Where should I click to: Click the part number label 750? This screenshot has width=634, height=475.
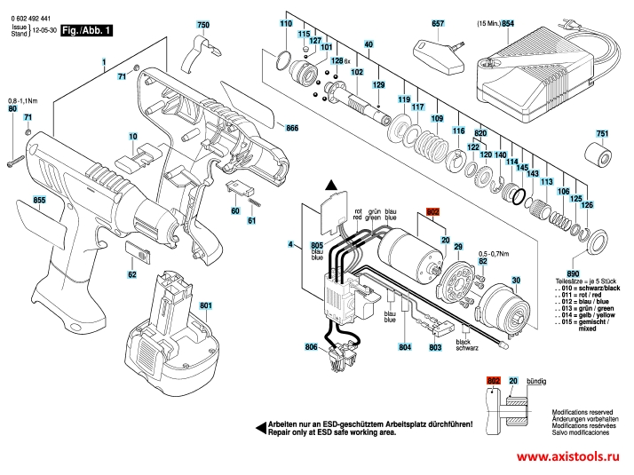(x=202, y=24)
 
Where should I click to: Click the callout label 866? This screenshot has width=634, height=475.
(x=292, y=129)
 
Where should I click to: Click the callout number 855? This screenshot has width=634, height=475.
(x=39, y=201)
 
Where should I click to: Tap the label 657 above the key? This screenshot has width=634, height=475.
(x=437, y=24)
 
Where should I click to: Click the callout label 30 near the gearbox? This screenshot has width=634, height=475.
(x=513, y=281)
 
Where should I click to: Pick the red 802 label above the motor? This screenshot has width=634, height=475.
(x=433, y=213)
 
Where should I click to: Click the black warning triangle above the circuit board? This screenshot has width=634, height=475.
(x=332, y=186)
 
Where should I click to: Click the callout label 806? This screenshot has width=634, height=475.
(x=310, y=346)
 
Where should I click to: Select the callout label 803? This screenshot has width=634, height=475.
(x=435, y=348)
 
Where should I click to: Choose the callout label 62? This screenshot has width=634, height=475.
(x=132, y=275)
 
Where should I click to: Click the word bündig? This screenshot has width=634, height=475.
(x=536, y=380)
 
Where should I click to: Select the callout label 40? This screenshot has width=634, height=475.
(x=368, y=44)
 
